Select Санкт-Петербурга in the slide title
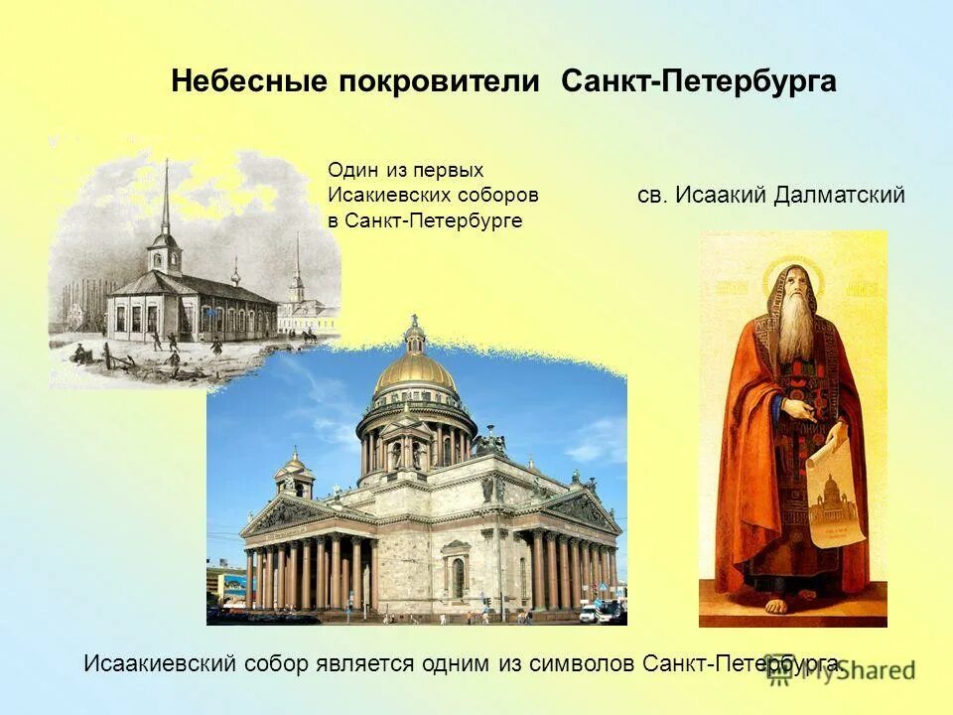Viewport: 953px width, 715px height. coord(698,81)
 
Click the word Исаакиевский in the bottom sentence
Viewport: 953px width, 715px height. coord(160,663)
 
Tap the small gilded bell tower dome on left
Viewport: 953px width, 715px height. coord(295,465)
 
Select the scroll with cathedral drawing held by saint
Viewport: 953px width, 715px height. coord(832,492)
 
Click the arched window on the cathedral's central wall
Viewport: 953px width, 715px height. coord(457,577)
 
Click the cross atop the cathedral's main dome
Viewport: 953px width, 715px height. coord(414,321)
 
